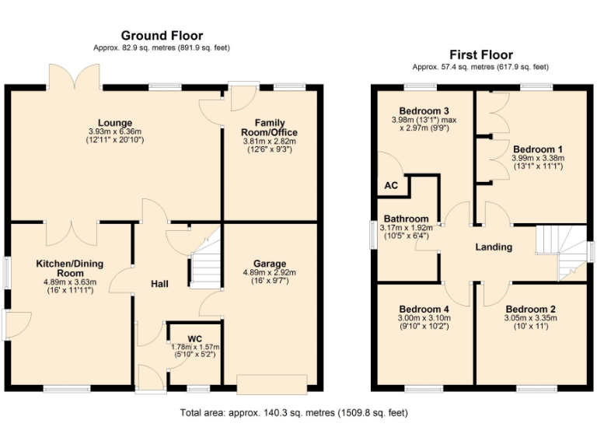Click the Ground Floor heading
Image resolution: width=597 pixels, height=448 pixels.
click(162, 36)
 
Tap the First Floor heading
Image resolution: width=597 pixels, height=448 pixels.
click(482, 54)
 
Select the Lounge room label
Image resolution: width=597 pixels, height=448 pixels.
click(115, 123)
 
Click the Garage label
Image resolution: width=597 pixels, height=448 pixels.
click(270, 264)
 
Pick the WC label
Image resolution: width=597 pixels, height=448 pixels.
click(194, 338)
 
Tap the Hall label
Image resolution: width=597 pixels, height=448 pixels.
click(159, 284)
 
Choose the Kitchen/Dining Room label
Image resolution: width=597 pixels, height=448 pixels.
click(70, 269)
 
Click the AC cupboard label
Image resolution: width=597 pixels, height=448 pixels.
click(391, 187)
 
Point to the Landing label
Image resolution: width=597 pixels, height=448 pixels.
click(494, 247)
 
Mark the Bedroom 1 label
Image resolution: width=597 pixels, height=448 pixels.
click(538, 149)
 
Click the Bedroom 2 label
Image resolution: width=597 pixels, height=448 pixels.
click(536, 309)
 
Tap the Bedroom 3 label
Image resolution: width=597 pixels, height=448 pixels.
click(424, 110)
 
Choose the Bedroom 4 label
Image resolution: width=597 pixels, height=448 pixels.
click(423, 309)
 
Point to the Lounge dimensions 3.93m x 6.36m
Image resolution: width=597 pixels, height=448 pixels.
click(115, 132)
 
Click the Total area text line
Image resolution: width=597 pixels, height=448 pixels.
click(294, 413)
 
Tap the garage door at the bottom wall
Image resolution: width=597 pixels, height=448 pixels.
click(272, 383)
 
